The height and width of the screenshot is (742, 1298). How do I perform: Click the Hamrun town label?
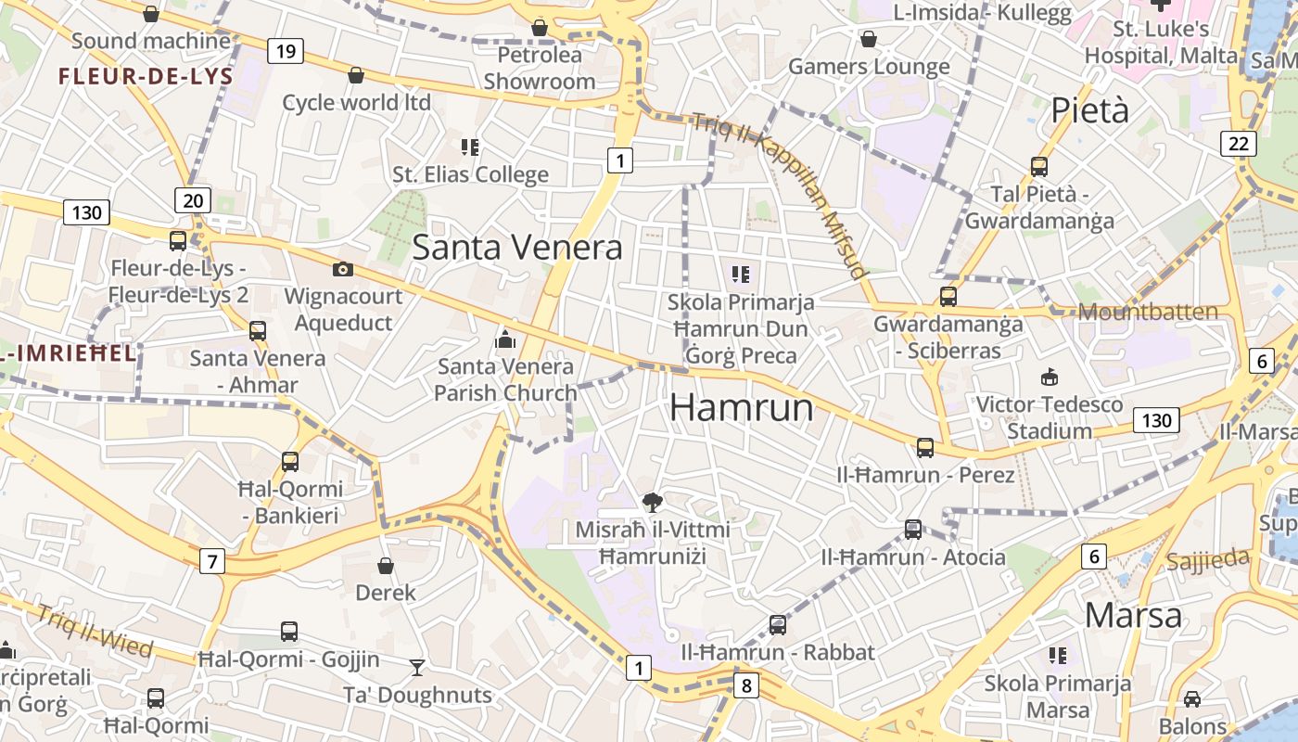click(741, 407)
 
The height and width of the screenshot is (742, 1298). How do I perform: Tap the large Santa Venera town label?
click(517, 248)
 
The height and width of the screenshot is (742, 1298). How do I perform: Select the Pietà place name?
click(1089, 110)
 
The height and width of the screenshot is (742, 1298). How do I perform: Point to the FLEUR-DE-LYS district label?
click(146, 77)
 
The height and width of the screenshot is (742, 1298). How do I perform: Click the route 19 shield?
click(286, 51)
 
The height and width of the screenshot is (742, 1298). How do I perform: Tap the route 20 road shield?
click(192, 199)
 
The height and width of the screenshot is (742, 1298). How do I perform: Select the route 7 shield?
click(213, 561)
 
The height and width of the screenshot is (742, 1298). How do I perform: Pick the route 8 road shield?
click(745, 686)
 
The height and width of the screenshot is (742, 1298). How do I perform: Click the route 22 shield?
click(1239, 143)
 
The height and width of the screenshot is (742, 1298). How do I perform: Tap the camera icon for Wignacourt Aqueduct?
click(343, 270)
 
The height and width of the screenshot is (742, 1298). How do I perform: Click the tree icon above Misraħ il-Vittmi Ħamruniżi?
click(653, 503)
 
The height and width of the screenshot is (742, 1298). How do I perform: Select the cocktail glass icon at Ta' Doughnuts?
click(417, 667)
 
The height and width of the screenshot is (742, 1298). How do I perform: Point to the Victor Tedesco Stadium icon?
click(1050, 377)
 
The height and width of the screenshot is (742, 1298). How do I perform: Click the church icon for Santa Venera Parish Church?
click(505, 339)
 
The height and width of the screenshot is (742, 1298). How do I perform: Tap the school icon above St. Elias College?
click(470, 147)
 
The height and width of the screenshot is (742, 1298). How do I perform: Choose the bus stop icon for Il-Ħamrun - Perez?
click(925, 448)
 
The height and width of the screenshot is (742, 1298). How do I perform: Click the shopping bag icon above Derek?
click(386, 565)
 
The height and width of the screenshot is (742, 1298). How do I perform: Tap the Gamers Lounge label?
click(869, 67)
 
